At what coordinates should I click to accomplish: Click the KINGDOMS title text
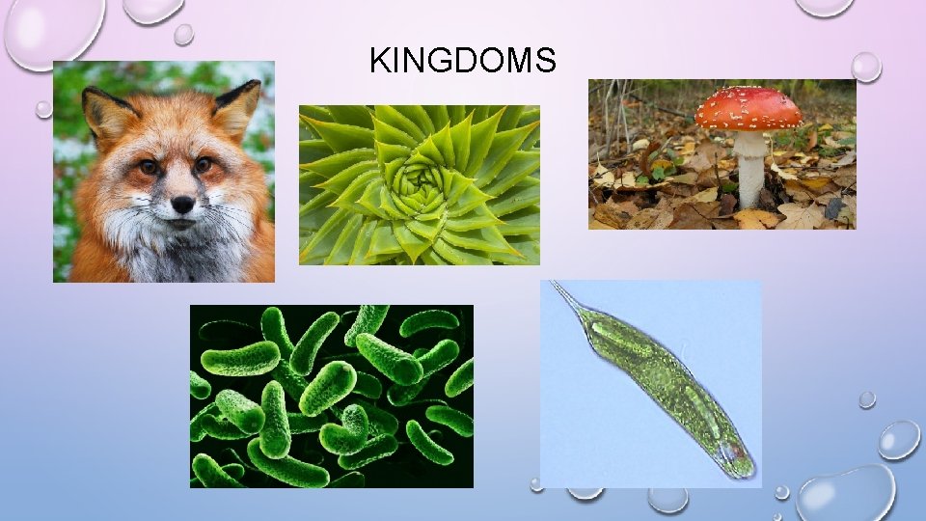click(462, 62)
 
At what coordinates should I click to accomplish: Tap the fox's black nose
click(182, 205)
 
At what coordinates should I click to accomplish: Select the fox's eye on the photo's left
click(148, 168)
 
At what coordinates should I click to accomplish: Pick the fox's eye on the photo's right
click(204, 164)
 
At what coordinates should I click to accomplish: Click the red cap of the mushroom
click(749, 109)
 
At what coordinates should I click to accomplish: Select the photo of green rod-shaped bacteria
click(331, 396)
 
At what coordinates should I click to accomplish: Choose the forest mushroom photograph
click(722, 154)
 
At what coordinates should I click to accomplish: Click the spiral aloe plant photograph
click(419, 184)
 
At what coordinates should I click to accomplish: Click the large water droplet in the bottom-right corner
click(846, 493)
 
